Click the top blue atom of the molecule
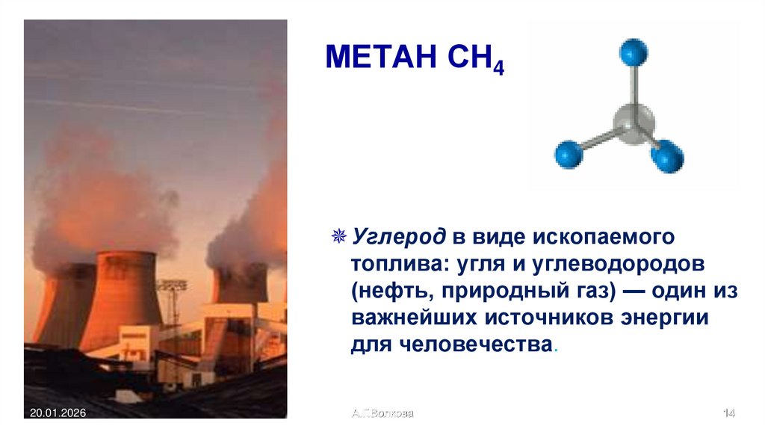point(634,52)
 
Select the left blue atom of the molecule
point(568,154)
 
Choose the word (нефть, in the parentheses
point(387,292)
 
